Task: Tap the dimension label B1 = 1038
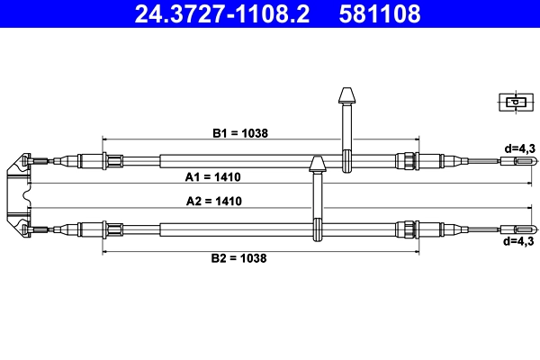[x=240, y=132]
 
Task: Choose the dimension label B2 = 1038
[x=238, y=258]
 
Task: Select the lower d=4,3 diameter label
[x=519, y=241]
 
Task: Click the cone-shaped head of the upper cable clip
[x=346, y=95]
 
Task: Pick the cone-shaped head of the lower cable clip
[x=317, y=164]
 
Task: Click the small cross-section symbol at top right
[x=514, y=102]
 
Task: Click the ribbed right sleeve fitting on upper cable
[x=407, y=162]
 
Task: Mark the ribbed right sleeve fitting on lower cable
[x=407, y=229]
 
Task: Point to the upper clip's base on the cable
[x=346, y=163]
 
